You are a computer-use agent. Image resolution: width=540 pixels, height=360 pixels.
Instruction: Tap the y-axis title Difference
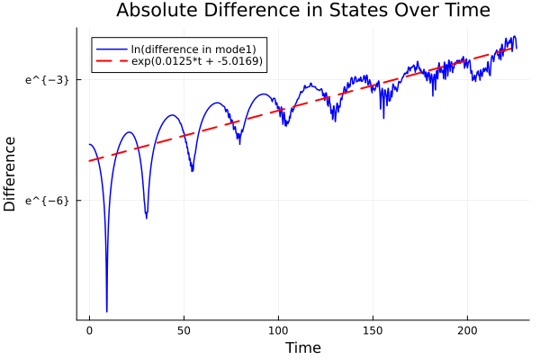[10, 174]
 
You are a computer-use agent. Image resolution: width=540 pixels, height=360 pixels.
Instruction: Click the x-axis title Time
[302, 347]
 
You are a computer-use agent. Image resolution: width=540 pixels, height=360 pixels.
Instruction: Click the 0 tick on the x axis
[89, 330]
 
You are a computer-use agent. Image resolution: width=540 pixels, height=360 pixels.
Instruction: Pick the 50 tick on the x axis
[184, 330]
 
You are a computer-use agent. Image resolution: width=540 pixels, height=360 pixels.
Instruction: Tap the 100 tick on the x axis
[278, 330]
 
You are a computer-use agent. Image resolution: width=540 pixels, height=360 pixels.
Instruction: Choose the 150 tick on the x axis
[373, 330]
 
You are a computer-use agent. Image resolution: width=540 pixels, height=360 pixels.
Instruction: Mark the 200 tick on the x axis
[467, 330]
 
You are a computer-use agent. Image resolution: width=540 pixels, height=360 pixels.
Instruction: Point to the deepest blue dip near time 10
[106, 310]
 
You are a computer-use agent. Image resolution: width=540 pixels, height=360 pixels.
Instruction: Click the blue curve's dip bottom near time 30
[147, 217]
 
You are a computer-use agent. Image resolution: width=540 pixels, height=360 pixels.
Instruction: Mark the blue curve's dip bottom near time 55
[192, 170]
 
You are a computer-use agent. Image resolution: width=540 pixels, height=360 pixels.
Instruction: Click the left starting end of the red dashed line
[89, 161]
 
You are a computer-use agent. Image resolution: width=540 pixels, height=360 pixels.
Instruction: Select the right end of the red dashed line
[515, 47]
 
